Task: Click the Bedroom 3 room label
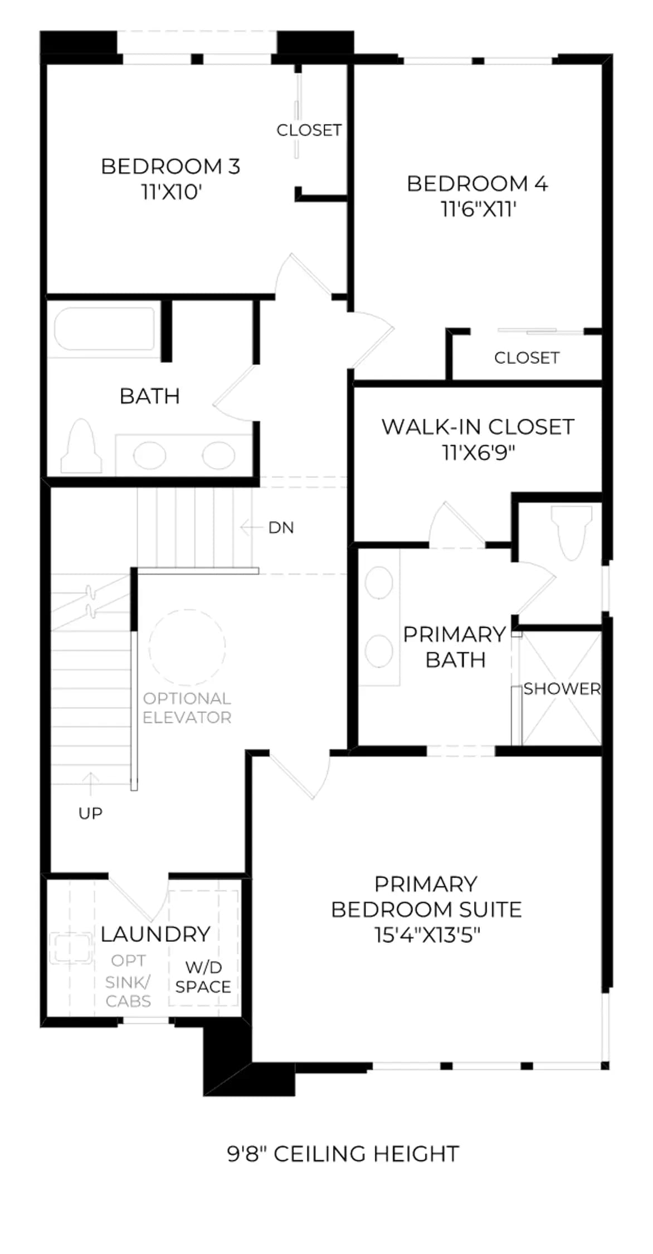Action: [x=170, y=166]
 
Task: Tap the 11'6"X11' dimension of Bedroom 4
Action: [x=478, y=210]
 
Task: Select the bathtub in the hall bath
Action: [x=104, y=329]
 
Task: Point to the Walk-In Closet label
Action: [x=477, y=427]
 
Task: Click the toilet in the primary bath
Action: [x=571, y=532]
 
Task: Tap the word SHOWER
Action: [x=562, y=689]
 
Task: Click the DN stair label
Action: [x=281, y=528]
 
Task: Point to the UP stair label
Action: [x=90, y=814]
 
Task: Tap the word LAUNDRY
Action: [x=155, y=934]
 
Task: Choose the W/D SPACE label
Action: [x=203, y=977]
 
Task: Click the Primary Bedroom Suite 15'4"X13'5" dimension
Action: [x=427, y=935]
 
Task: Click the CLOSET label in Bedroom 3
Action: [x=309, y=130]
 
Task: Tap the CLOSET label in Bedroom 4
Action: [x=527, y=358]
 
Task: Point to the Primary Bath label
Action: [x=455, y=647]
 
